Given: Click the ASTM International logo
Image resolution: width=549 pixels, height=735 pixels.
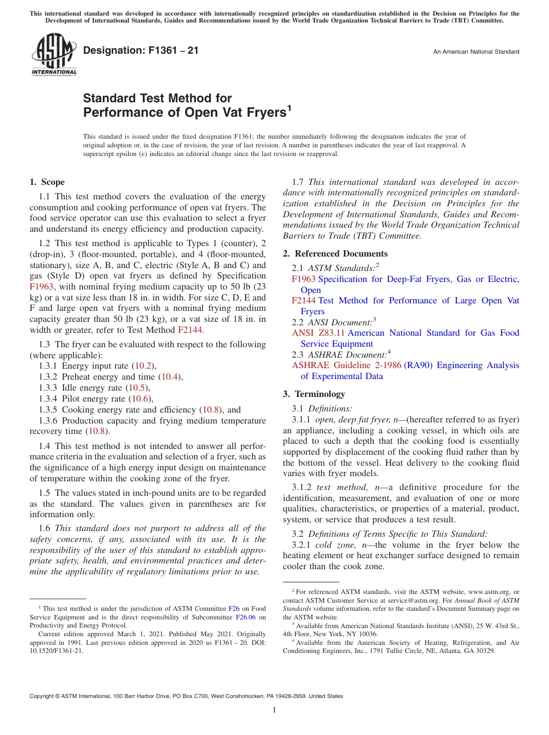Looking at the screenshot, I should click(53, 54).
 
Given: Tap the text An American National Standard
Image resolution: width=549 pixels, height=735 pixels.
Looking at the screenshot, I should click(476, 52).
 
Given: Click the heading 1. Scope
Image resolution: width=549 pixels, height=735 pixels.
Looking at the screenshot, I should click(47, 182).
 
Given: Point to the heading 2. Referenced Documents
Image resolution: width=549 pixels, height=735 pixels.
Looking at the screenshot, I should click(335, 254).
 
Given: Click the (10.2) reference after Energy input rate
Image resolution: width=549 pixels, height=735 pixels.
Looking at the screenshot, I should click(144, 366).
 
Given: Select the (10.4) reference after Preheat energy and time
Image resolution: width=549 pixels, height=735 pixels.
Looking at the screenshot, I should click(169, 377).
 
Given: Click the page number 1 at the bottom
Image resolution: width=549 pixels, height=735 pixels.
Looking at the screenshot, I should click(274, 710).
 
